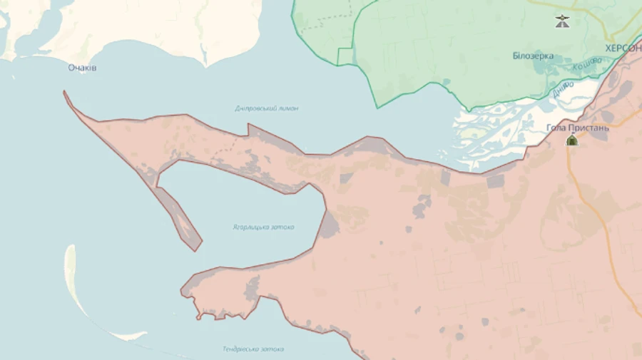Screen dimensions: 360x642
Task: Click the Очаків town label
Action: point(82,68)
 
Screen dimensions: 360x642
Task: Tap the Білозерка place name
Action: point(532,56)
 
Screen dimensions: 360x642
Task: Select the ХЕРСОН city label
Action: point(623,48)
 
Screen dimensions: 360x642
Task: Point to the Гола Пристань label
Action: point(577,128)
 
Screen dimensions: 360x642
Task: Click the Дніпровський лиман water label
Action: point(267,108)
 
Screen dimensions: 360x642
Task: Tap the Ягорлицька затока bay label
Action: point(263,227)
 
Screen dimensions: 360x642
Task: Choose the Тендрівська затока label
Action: point(253,349)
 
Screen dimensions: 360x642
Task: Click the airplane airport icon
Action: point(563,21)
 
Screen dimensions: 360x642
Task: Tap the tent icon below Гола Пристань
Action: point(571,140)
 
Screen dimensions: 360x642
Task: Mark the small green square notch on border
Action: point(345,56)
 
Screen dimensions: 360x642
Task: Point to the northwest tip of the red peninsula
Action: point(65,93)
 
